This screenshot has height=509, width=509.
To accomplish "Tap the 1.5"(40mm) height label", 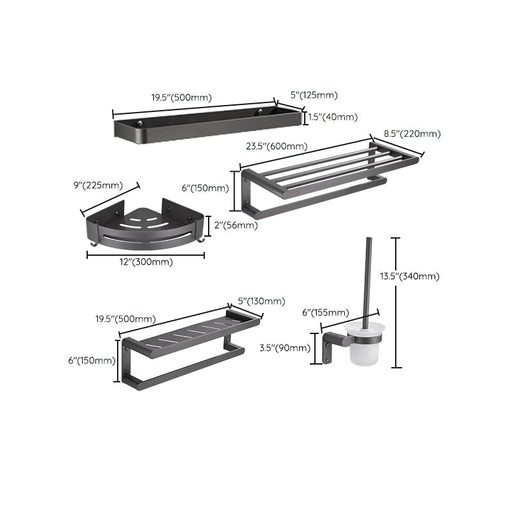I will (x=333, y=116).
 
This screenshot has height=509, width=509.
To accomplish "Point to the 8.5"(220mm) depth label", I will (x=412, y=134).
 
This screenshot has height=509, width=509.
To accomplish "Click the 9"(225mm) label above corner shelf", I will (x=98, y=186).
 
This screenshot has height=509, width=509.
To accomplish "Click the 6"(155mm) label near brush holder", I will (x=325, y=312).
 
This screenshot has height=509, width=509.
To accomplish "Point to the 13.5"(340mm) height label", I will (x=418, y=276).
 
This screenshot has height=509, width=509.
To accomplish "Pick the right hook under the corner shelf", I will (x=200, y=241).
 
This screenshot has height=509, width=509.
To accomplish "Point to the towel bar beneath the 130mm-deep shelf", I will (x=185, y=366).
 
